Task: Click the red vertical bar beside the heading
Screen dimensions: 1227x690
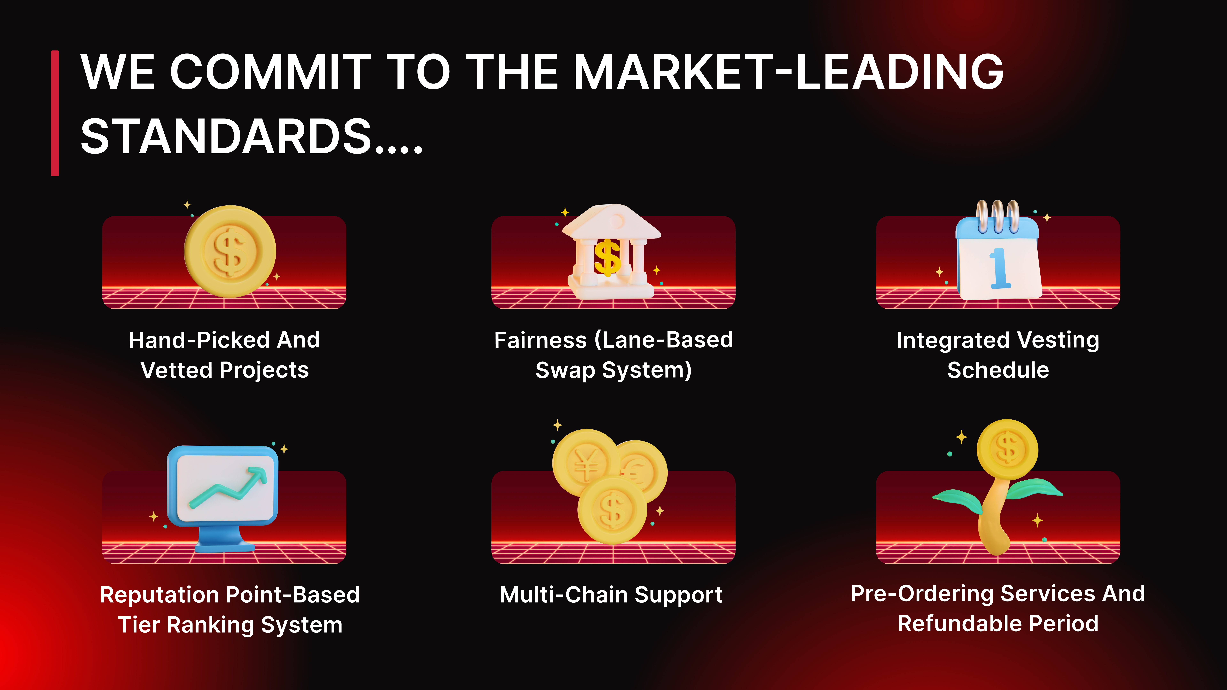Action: (x=55, y=113)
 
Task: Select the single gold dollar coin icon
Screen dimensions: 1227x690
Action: (x=230, y=251)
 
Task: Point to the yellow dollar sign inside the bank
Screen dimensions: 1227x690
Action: (x=607, y=257)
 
